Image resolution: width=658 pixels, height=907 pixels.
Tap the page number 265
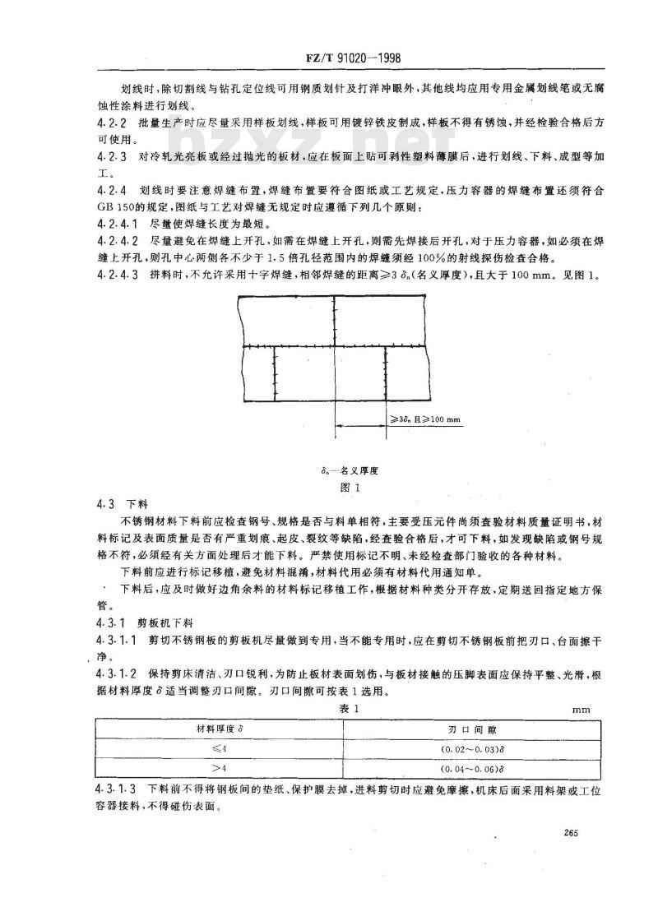(572, 834)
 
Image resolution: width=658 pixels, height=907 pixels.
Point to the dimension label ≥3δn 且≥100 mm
(424, 419)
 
